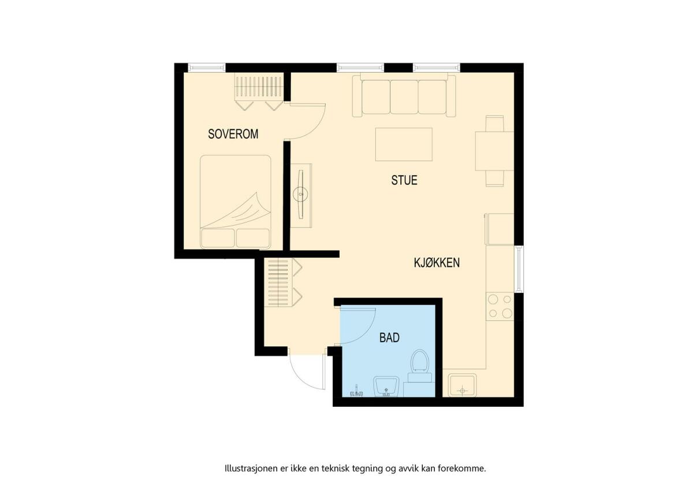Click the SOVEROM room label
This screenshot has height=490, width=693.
pyautogui.click(x=233, y=134)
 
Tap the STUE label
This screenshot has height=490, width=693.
pyautogui.click(x=404, y=180)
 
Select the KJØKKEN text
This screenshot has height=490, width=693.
pyautogui.click(x=437, y=263)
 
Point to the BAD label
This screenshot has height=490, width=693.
pyautogui.click(x=389, y=337)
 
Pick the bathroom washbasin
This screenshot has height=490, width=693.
pyautogui.click(x=386, y=387)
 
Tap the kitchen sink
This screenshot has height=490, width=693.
pyautogui.click(x=463, y=385)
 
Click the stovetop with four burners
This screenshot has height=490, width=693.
pyautogui.click(x=500, y=306)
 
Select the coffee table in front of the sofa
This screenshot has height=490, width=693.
pyautogui.click(x=404, y=144)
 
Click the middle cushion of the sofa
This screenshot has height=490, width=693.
pyautogui.click(x=404, y=97)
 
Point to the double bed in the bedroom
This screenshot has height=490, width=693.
pyautogui.click(x=236, y=202)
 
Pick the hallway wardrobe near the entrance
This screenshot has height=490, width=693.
pyautogui.click(x=283, y=283)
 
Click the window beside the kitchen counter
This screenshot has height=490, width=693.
pyautogui.click(x=519, y=269)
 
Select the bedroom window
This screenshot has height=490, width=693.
pyautogui.click(x=207, y=68)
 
